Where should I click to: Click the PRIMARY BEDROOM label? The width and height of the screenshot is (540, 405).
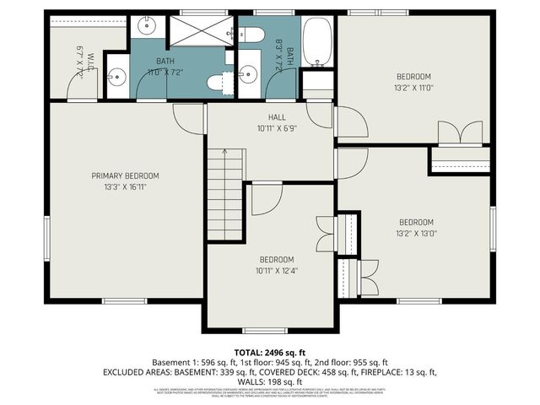[x=125, y=175]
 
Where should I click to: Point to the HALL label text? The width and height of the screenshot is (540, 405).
[x=271, y=118]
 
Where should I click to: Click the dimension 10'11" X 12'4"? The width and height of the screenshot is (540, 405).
[x=276, y=270]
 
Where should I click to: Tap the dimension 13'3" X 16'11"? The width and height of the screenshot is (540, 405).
[x=125, y=186]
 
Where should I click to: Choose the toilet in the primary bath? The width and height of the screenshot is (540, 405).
[x=216, y=83]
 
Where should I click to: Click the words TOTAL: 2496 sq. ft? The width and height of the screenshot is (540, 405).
[x=270, y=351]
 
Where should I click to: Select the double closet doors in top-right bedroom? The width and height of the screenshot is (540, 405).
[x=460, y=132]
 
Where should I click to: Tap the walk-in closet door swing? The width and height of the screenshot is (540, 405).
[x=83, y=84]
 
